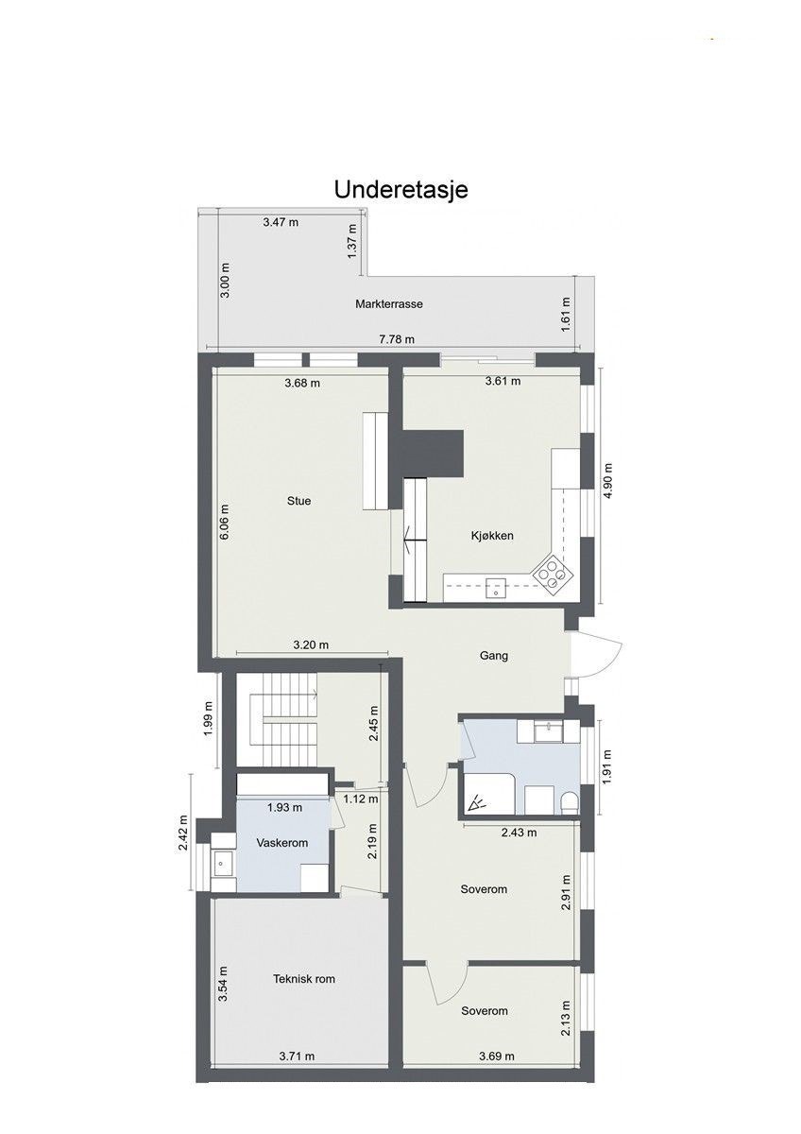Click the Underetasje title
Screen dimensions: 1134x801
[400, 189]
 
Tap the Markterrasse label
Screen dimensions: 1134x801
[388, 304]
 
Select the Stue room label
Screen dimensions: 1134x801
[299, 501]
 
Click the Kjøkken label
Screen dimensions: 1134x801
[491, 536]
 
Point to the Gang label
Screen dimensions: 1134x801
[493, 655]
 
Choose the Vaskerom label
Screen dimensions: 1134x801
[281, 842]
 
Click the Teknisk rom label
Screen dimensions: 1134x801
[304, 979]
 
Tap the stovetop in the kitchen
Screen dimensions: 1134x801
[552, 573]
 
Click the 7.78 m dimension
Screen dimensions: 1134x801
[396, 340]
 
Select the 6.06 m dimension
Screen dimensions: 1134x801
[224, 516]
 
